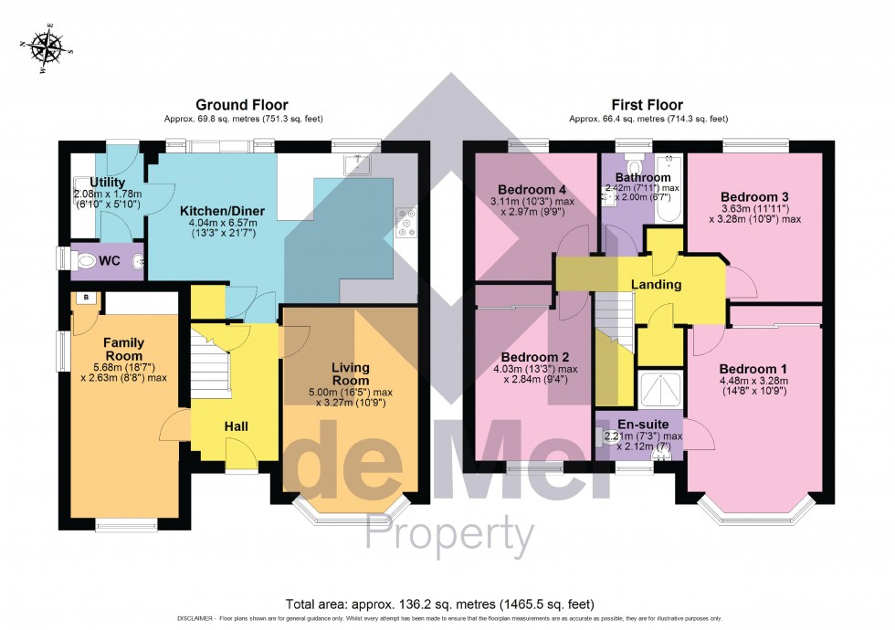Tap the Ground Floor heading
[x=232, y=105]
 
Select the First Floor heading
[x=648, y=105]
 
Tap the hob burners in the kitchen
[x=405, y=222]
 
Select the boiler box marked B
[x=85, y=298]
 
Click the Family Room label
[x=123, y=349]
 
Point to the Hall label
[x=236, y=425]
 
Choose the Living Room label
[x=350, y=373]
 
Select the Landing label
[x=657, y=285]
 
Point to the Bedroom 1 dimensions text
[x=753, y=385]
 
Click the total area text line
[x=440, y=604]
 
